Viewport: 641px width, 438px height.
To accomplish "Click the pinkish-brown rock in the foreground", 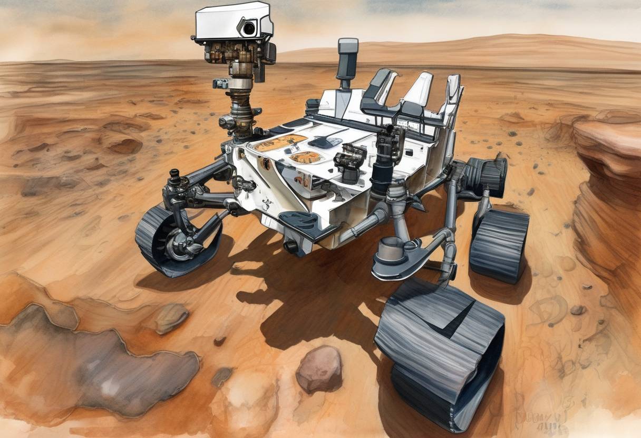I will pyautogui.click(x=318, y=369).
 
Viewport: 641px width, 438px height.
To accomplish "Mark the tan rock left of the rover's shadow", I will pyautogui.click(x=171, y=318).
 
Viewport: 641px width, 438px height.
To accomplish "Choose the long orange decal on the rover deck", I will pyautogui.click(x=280, y=142).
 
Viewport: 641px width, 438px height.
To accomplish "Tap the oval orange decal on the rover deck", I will pyautogui.click(x=306, y=157).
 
